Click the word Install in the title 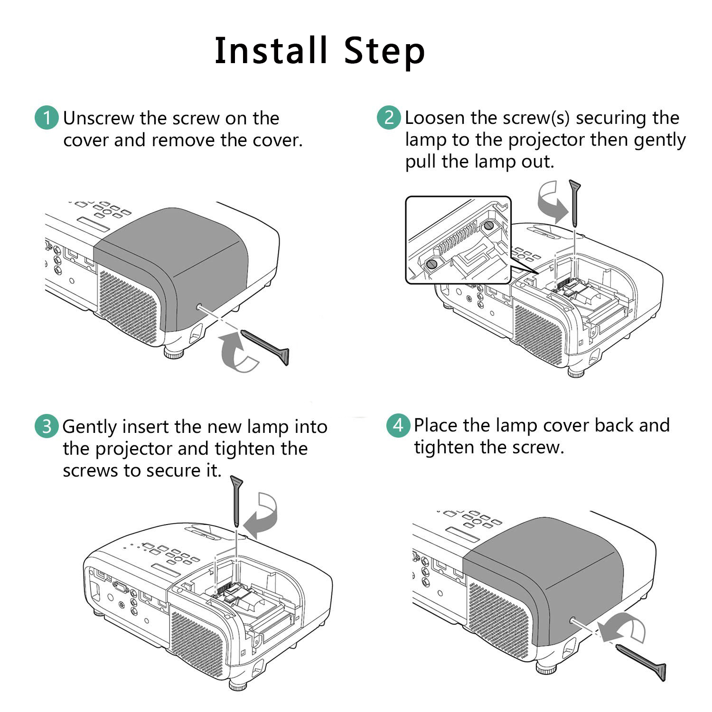pyautogui.click(x=271, y=50)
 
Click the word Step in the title pyautogui.click(x=384, y=51)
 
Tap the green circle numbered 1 pyautogui.click(x=47, y=118)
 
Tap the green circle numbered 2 pyautogui.click(x=389, y=117)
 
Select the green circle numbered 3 pyautogui.click(x=47, y=426)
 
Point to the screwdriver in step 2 pyautogui.click(x=575, y=202)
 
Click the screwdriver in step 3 pyautogui.click(x=236, y=501)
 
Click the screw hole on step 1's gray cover pyautogui.click(x=198, y=307)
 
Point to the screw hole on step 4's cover pyautogui.click(x=572, y=620)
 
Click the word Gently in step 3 pyautogui.click(x=90, y=427)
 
